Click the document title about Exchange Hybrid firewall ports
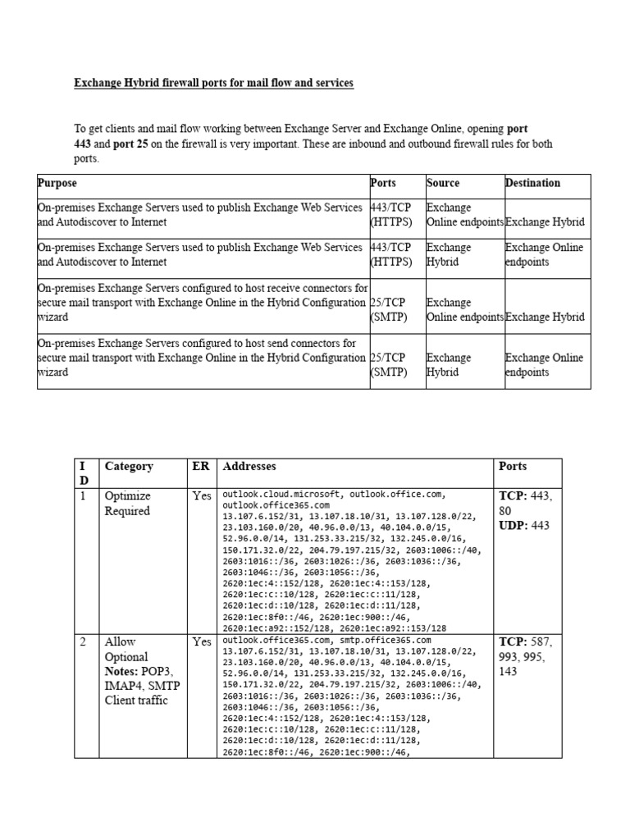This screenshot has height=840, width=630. pyautogui.click(x=214, y=84)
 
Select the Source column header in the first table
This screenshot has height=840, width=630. pyautogui.click(x=443, y=183)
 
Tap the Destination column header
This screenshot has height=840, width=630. pyautogui.click(x=532, y=183)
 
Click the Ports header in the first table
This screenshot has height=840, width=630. pyautogui.click(x=383, y=183)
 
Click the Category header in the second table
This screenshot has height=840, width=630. pyautogui.click(x=129, y=466)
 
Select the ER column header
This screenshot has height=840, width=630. pyautogui.click(x=200, y=466)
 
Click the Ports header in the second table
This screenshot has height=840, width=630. pyautogui.click(x=514, y=466)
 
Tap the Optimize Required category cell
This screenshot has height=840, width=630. pyautogui.click(x=127, y=504)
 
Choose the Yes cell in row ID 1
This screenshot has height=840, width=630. pyautogui.click(x=201, y=496)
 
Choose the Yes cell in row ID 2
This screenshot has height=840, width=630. pyautogui.click(x=201, y=641)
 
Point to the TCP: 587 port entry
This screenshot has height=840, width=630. pyautogui.click(x=525, y=641)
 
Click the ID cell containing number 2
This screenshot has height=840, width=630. pyautogui.click(x=84, y=641)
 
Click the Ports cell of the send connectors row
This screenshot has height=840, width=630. pyautogui.click(x=386, y=365)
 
